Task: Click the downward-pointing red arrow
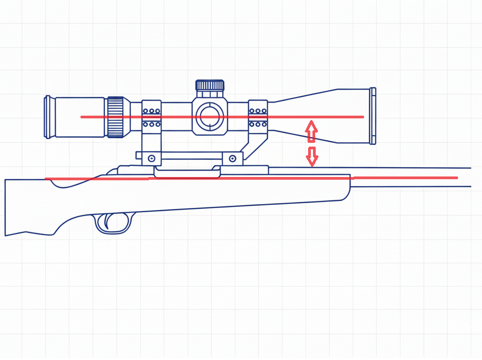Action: [x=312, y=156]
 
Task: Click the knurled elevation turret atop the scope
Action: [x=210, y=85]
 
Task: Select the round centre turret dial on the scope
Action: [x=210, y=116]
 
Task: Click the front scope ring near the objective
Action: [x=258, y=116]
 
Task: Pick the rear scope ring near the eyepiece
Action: [x=152, y=116]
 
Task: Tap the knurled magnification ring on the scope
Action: [x=116, y=117]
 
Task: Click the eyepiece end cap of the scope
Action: [x=48, y=117]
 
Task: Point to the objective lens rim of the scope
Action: [x=373, y=116]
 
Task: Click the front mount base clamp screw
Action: [x=233, y=159]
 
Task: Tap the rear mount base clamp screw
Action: [x=151, y=159]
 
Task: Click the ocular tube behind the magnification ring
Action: [x=80, y=117]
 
